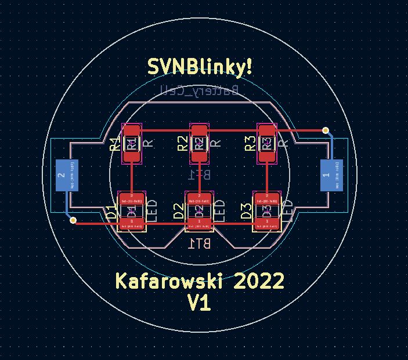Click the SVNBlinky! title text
click(200, 67)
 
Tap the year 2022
click(259, 281)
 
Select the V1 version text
click(199, 302)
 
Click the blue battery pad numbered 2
click(66, 175)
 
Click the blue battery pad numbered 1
click(331, 175)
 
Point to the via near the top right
click(326, 130)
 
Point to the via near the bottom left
click(73, 220)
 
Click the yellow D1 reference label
click(111, 212)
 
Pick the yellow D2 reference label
click(179, 212)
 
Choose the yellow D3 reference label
click(246, 212)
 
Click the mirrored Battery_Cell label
click(199, 90)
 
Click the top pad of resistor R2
click(199, 131)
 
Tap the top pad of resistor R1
click(132, 131)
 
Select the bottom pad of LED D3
click(266, 222)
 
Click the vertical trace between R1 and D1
click(132, 174)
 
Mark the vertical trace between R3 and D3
click(266, 174)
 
